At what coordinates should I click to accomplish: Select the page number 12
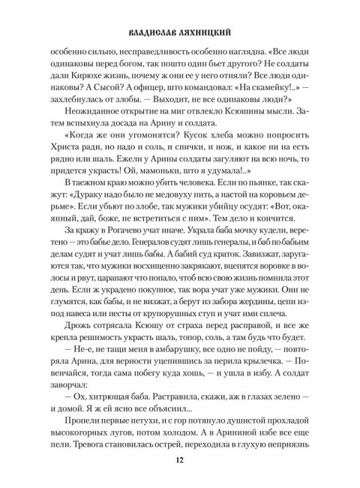[180, 459]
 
